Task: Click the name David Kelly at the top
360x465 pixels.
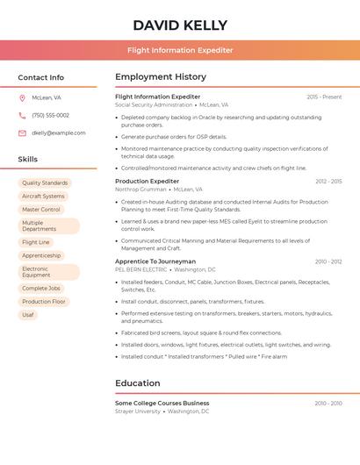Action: point(180,25)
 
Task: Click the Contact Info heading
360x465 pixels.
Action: point(40,77)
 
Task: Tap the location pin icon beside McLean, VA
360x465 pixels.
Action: point(22,97)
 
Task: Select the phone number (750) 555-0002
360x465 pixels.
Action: point(50,115)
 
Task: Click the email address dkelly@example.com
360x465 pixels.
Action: point(58,133)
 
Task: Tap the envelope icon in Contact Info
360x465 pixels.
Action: point(22,133)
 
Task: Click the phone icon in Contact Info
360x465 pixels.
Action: point(22,115)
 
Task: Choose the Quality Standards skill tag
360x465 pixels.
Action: point(45,183)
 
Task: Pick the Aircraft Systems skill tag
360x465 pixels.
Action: point(43,197)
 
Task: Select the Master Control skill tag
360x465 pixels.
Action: point(41,210)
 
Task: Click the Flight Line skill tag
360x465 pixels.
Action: point(36,242)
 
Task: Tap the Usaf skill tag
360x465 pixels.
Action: point(28,314)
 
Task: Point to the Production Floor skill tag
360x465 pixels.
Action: point(44,301)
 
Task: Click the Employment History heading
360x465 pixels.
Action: point(161,77)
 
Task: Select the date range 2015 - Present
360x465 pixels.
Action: point(324,97)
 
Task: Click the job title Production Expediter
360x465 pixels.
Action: point(147,181)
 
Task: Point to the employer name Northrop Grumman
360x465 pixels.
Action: point(140,190)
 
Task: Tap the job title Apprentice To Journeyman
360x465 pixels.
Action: point(155,261)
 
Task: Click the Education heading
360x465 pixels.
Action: point(138,383)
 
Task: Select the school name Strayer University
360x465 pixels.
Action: point(138,411)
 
